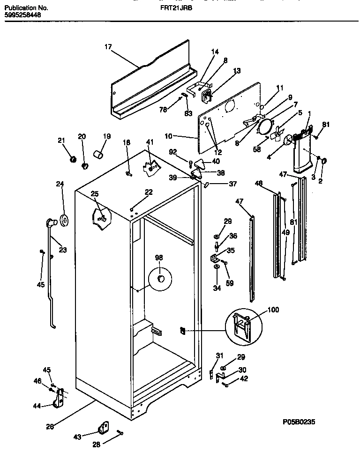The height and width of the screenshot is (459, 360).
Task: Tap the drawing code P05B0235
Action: (x=299, y=422)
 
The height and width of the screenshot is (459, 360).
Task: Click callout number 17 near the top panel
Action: (x=108, y=47)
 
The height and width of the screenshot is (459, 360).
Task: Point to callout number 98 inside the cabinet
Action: (x=159, y=258)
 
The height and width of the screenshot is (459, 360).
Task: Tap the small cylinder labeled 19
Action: (x=98, y=154)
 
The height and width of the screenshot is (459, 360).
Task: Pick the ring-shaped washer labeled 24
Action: (x=63, y=219)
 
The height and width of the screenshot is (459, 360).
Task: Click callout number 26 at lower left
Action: (x=50, y=426)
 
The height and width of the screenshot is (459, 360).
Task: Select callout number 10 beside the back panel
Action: (x=169, y=136)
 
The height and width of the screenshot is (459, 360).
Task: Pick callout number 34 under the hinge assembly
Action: (x=217, y=288)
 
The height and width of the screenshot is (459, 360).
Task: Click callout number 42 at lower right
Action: (x=244, y=379)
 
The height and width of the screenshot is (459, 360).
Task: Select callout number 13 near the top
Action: (x=237, y=71)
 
